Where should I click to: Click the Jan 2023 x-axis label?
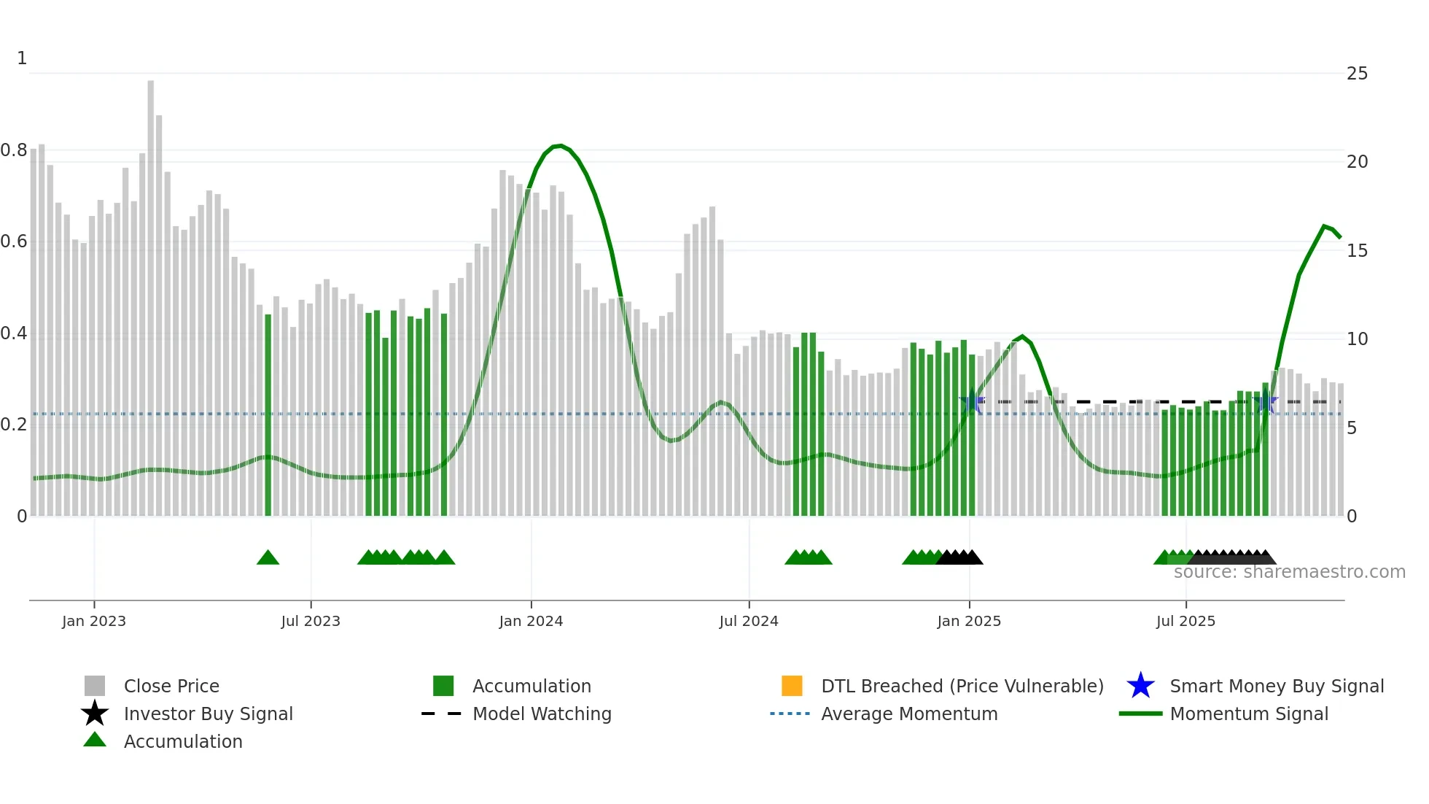pos(93,621)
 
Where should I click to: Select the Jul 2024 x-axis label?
pos(748,621)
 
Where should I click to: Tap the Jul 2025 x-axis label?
pos(1185,621)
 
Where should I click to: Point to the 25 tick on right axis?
pos(1357,74)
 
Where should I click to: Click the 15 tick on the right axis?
pos(1357,251)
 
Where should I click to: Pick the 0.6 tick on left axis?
pos(14,241)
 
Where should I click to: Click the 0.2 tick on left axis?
pos(14,425)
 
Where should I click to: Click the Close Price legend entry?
pos(171,686)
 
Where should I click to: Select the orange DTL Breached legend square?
pos(792,686)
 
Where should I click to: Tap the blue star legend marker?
pos(1140,686)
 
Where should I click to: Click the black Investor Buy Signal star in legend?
pos(95,714)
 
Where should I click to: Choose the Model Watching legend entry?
pos(542,714)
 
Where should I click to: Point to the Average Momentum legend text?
pos(909,714)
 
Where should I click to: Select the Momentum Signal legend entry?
pos(1249,714)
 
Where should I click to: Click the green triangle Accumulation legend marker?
pos(95,740)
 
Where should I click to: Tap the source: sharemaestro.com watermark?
pos(1289,572)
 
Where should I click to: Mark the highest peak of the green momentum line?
pos(558,146)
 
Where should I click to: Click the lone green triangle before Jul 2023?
pos(268,558)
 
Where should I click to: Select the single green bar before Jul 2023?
pos(268,416)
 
